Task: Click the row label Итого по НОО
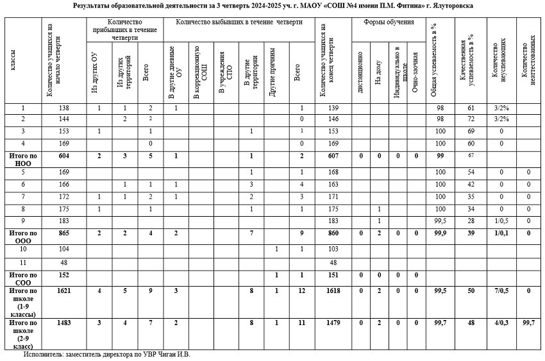[x=22, y=159]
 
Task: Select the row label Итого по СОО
[x=22, y=278]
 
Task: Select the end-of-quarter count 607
[x=333, y=156]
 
